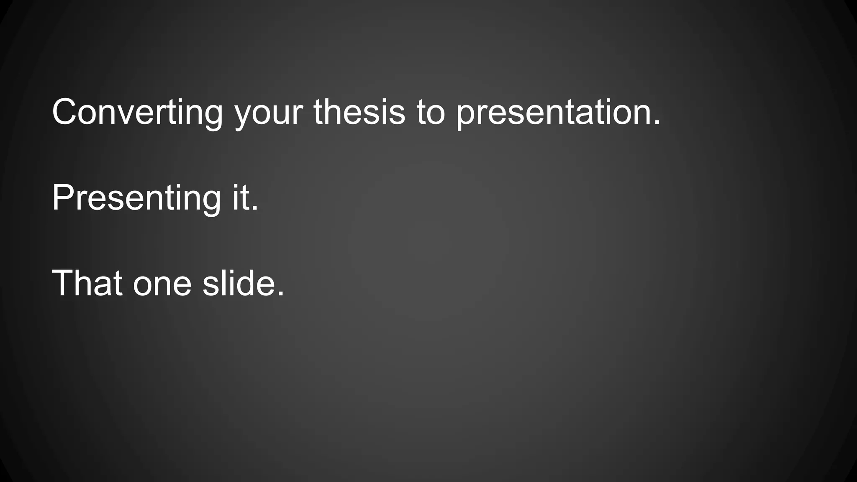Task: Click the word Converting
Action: (x=137, y=112)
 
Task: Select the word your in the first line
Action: (x=268, y=113)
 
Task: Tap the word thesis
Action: (x=359, y=112)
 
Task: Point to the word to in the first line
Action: (x=430, y=112)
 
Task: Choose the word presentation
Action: (x=554, y=113)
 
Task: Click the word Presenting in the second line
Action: (x=136, y=198)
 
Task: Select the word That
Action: (x=87, y=283)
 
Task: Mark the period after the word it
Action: (x=255, y=208)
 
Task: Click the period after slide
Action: (x=280, y=294)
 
